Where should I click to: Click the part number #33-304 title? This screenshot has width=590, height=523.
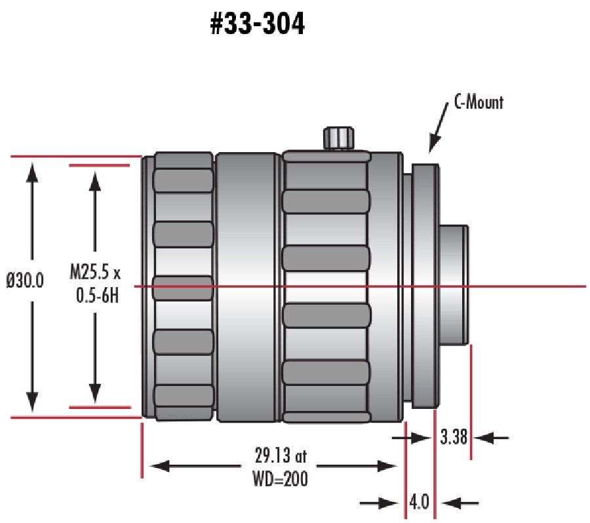click(x=257, y=24)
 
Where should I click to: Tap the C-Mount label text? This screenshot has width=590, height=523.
click(x=479, y=102)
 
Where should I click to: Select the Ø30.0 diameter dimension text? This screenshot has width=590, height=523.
click(x=26, y=281)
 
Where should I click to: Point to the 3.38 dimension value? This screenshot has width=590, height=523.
click(x=454, y=436)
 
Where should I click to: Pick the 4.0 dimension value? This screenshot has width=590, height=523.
click(x=419, y=503)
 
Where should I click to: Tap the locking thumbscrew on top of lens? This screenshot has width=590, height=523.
click(x=339, y=138)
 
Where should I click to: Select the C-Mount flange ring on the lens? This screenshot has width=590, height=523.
click(x=425, y=286)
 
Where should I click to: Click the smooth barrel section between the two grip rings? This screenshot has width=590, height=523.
click(x=248, y=286)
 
